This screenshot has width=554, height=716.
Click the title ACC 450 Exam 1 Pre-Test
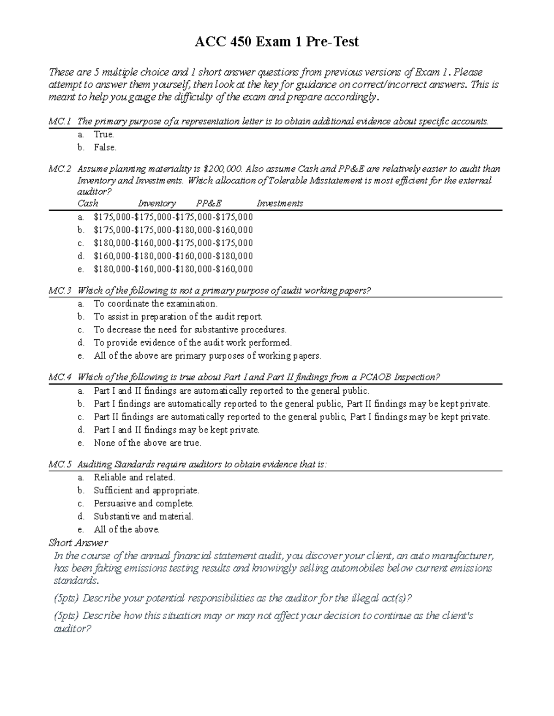tap(277, 42)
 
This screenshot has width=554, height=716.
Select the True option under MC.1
tap(103, 135)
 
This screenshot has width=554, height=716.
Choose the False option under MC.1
tap(105, 148)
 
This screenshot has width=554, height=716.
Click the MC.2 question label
tap(60, 169)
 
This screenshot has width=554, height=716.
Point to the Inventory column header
tap(157, 203)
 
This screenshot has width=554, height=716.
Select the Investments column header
tap(280, 203)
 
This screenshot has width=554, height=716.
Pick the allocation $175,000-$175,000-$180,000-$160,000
tap(173, 230)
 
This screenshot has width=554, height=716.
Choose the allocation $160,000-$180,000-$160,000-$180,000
tap(173, 256)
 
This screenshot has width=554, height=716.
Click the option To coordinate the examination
tap(155, 304)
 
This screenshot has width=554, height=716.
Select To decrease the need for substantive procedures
tap(190, 330)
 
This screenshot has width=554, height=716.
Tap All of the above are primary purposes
tap(207, 355)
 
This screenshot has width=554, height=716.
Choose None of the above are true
tap(147, 443)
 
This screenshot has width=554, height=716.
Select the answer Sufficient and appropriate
tap(146, 491)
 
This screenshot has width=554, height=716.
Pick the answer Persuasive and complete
tap(144, 503)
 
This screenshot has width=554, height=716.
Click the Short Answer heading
tap(78, 543)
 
